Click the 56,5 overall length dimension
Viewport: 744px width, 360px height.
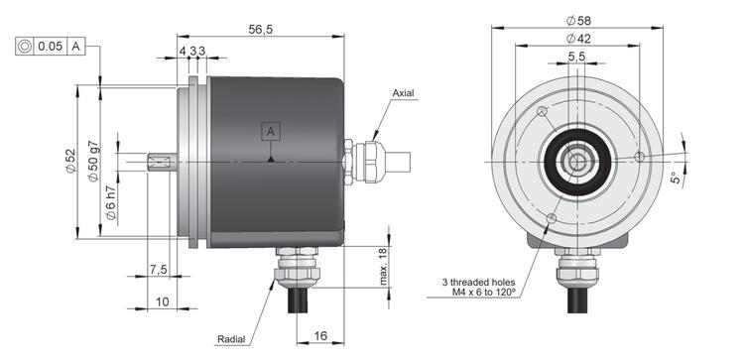point(261,30)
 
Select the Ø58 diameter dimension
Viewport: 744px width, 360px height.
point(578,21)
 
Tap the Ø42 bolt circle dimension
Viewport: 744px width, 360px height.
point(578,39)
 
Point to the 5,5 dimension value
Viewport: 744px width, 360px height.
point(576,57)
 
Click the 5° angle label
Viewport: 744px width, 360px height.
point(676,178)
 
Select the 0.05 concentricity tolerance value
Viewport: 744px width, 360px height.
point(50,46)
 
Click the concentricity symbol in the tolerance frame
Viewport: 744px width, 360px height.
point(25,46)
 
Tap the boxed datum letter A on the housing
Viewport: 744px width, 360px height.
point(271,131)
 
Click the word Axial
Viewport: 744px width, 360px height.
point(403,93)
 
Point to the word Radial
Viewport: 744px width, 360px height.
point(231,339)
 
